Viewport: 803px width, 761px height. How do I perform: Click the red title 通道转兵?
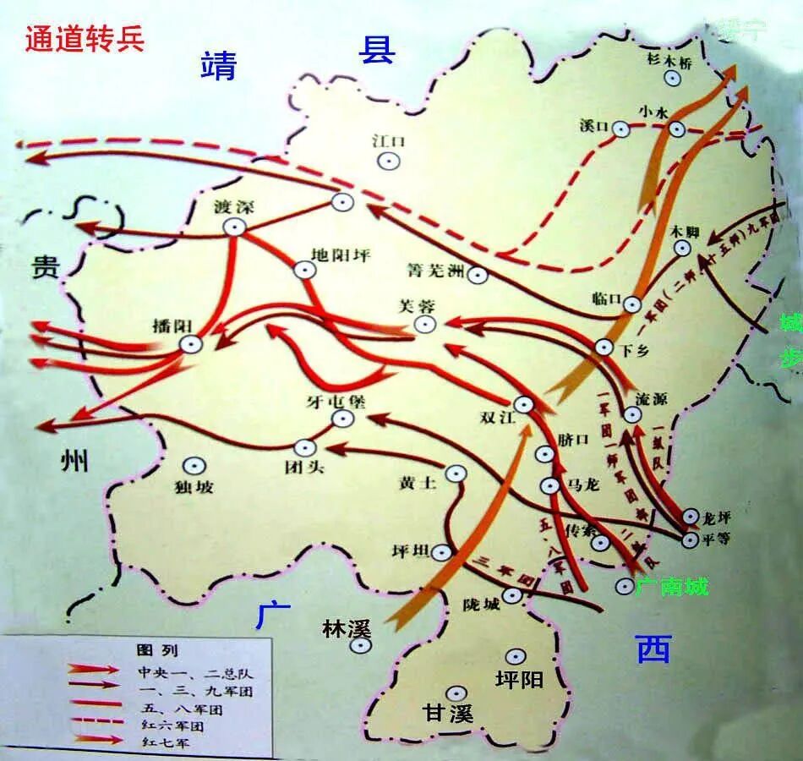(85, 39)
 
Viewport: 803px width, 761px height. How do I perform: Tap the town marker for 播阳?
(191, 343)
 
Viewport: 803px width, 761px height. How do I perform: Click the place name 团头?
(304, 467)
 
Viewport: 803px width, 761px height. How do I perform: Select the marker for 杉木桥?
(673, 78)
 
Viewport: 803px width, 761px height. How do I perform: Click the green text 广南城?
(673, 586)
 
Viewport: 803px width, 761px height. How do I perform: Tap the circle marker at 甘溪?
(457, 693)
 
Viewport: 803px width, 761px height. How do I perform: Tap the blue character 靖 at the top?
(218, 65)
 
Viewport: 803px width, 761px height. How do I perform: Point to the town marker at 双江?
(524, 404)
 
